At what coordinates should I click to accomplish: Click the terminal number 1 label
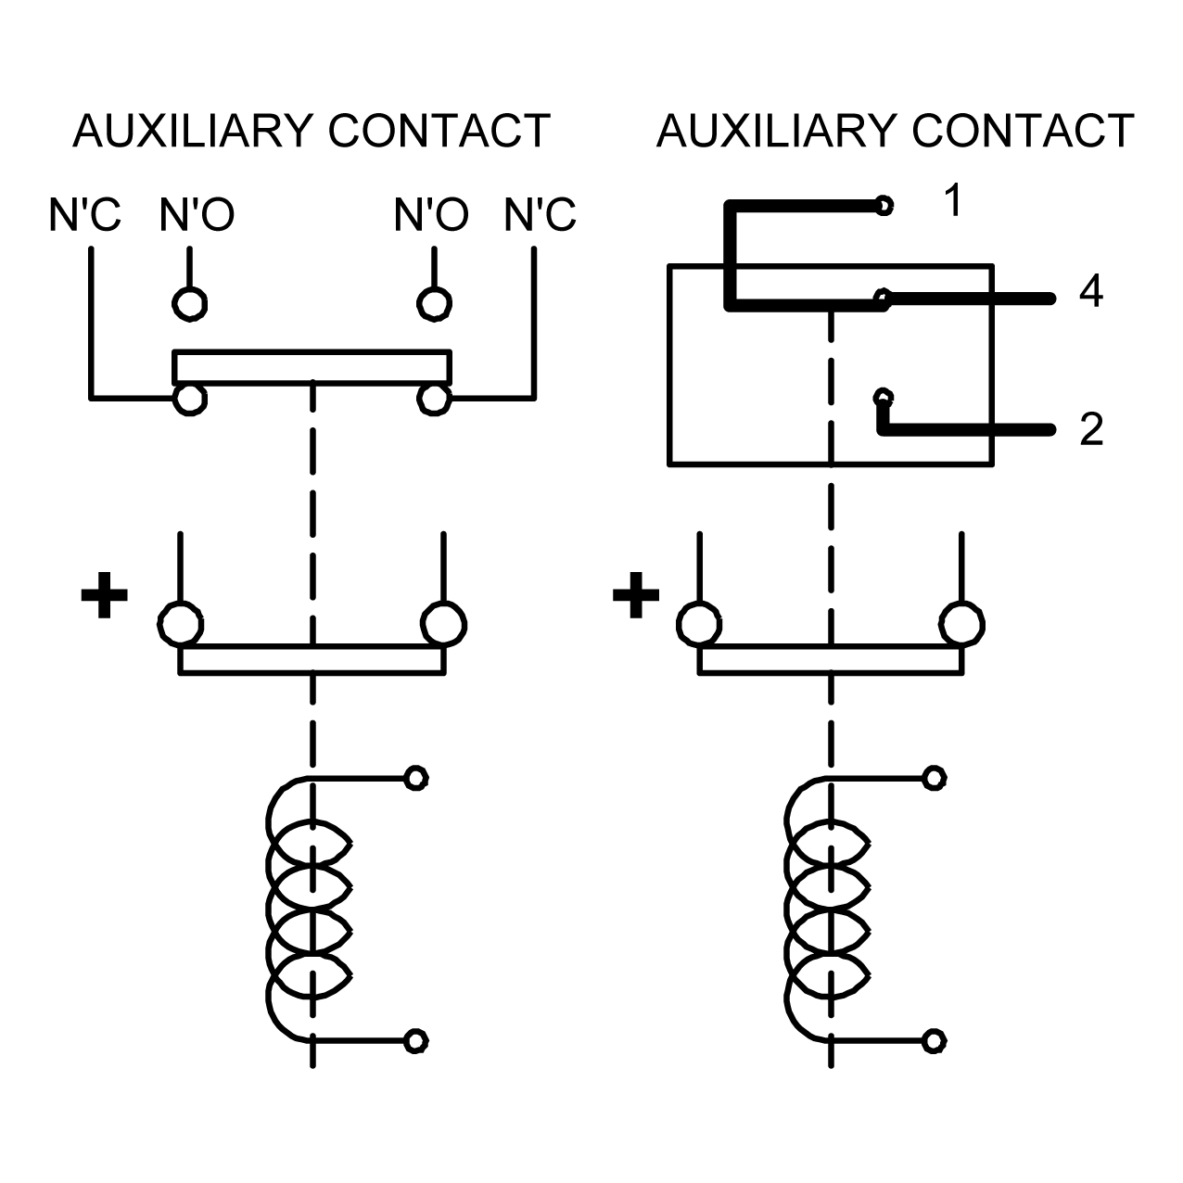tap(953, 199)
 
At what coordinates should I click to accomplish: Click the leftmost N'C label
tap(84, 215)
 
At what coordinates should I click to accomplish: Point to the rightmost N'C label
tap(540, 215)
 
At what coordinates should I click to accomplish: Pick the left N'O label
tap(197, 215)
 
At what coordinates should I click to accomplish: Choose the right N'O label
tap(431, 215)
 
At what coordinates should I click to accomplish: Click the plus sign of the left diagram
tap(105, 595)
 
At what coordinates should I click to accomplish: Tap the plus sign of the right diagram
tap(636, 595)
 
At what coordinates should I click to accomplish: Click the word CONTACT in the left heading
tap(439, 131)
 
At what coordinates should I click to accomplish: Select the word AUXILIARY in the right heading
tap(777, 131)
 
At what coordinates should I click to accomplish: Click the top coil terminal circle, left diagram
tap(415, 779)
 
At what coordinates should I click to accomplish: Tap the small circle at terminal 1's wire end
tap(884, 205)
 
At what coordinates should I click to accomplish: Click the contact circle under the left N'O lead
tap(190, 303)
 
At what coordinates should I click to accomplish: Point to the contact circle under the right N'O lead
tap(434, 303)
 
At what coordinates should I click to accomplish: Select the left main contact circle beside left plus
tap(181, 625)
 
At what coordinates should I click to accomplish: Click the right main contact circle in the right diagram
tap(961, 625)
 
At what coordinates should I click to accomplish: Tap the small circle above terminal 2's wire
tap(883, 397)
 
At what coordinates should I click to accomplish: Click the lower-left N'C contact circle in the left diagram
tap(190, 399)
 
